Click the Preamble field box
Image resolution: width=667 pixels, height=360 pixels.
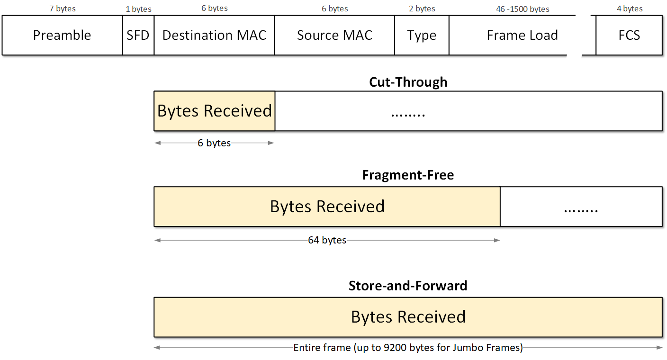(62, 36)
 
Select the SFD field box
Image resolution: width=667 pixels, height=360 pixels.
(138, 36)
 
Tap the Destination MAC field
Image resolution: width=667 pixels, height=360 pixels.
(214, 36)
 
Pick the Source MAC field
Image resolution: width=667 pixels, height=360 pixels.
(334, 36)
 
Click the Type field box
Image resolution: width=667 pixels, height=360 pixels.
(422, 36)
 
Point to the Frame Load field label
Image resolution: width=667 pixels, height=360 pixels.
(522, 36)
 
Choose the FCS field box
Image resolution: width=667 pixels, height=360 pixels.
(629, 36)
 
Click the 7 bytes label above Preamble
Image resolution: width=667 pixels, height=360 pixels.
(62, 9)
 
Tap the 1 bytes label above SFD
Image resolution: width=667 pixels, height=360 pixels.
(138, 9)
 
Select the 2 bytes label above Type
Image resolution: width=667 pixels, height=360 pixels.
(422, 9)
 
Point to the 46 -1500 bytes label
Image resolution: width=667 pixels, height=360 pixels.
(523, 9)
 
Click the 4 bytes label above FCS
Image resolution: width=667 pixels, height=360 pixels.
(630, 9)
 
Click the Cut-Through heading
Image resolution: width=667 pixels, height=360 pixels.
(408, 82)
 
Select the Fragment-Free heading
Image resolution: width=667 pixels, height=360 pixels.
(408, 175)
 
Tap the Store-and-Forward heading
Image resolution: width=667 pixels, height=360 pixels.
(408, 286)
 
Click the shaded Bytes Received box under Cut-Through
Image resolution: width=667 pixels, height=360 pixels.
(214, 111)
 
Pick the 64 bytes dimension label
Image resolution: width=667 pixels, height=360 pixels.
(327, 240)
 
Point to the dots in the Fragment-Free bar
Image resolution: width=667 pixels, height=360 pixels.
(581, 208)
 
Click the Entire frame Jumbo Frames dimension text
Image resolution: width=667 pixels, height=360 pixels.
(408, 348)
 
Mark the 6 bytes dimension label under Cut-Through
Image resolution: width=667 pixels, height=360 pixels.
(214, 143)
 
